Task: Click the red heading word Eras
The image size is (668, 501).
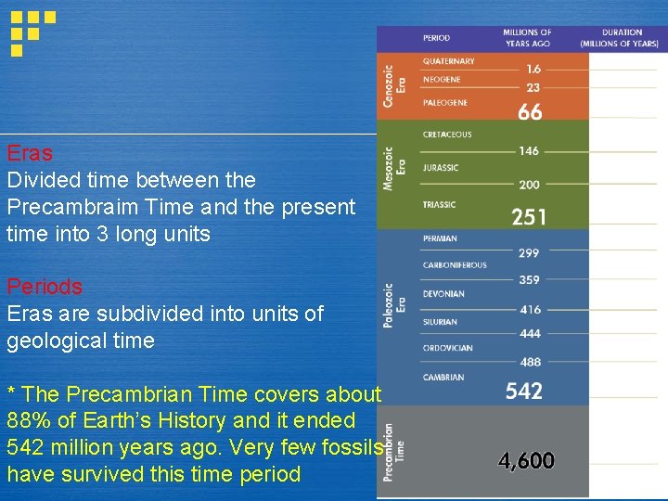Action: point(30,153)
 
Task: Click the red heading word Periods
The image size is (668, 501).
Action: point(45,287)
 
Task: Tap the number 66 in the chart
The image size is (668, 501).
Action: point(530,112)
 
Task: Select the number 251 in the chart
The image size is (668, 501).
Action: point(529,217)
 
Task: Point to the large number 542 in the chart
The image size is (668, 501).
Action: point(524,391)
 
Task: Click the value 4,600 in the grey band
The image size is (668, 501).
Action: point(526,460)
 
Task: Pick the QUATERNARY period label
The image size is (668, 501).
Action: point(448,61)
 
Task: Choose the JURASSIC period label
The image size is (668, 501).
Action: point(441,168)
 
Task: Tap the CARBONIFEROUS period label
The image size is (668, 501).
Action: point(455,265)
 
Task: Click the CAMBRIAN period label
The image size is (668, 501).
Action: point(443,378)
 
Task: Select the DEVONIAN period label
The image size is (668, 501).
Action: point(443,294)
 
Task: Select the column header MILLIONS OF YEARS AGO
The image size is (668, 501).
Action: point(527,38)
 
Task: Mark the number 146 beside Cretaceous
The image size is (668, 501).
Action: point(529,150)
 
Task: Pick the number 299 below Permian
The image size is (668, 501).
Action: point(529,252)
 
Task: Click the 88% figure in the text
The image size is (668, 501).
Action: point(27,420)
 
